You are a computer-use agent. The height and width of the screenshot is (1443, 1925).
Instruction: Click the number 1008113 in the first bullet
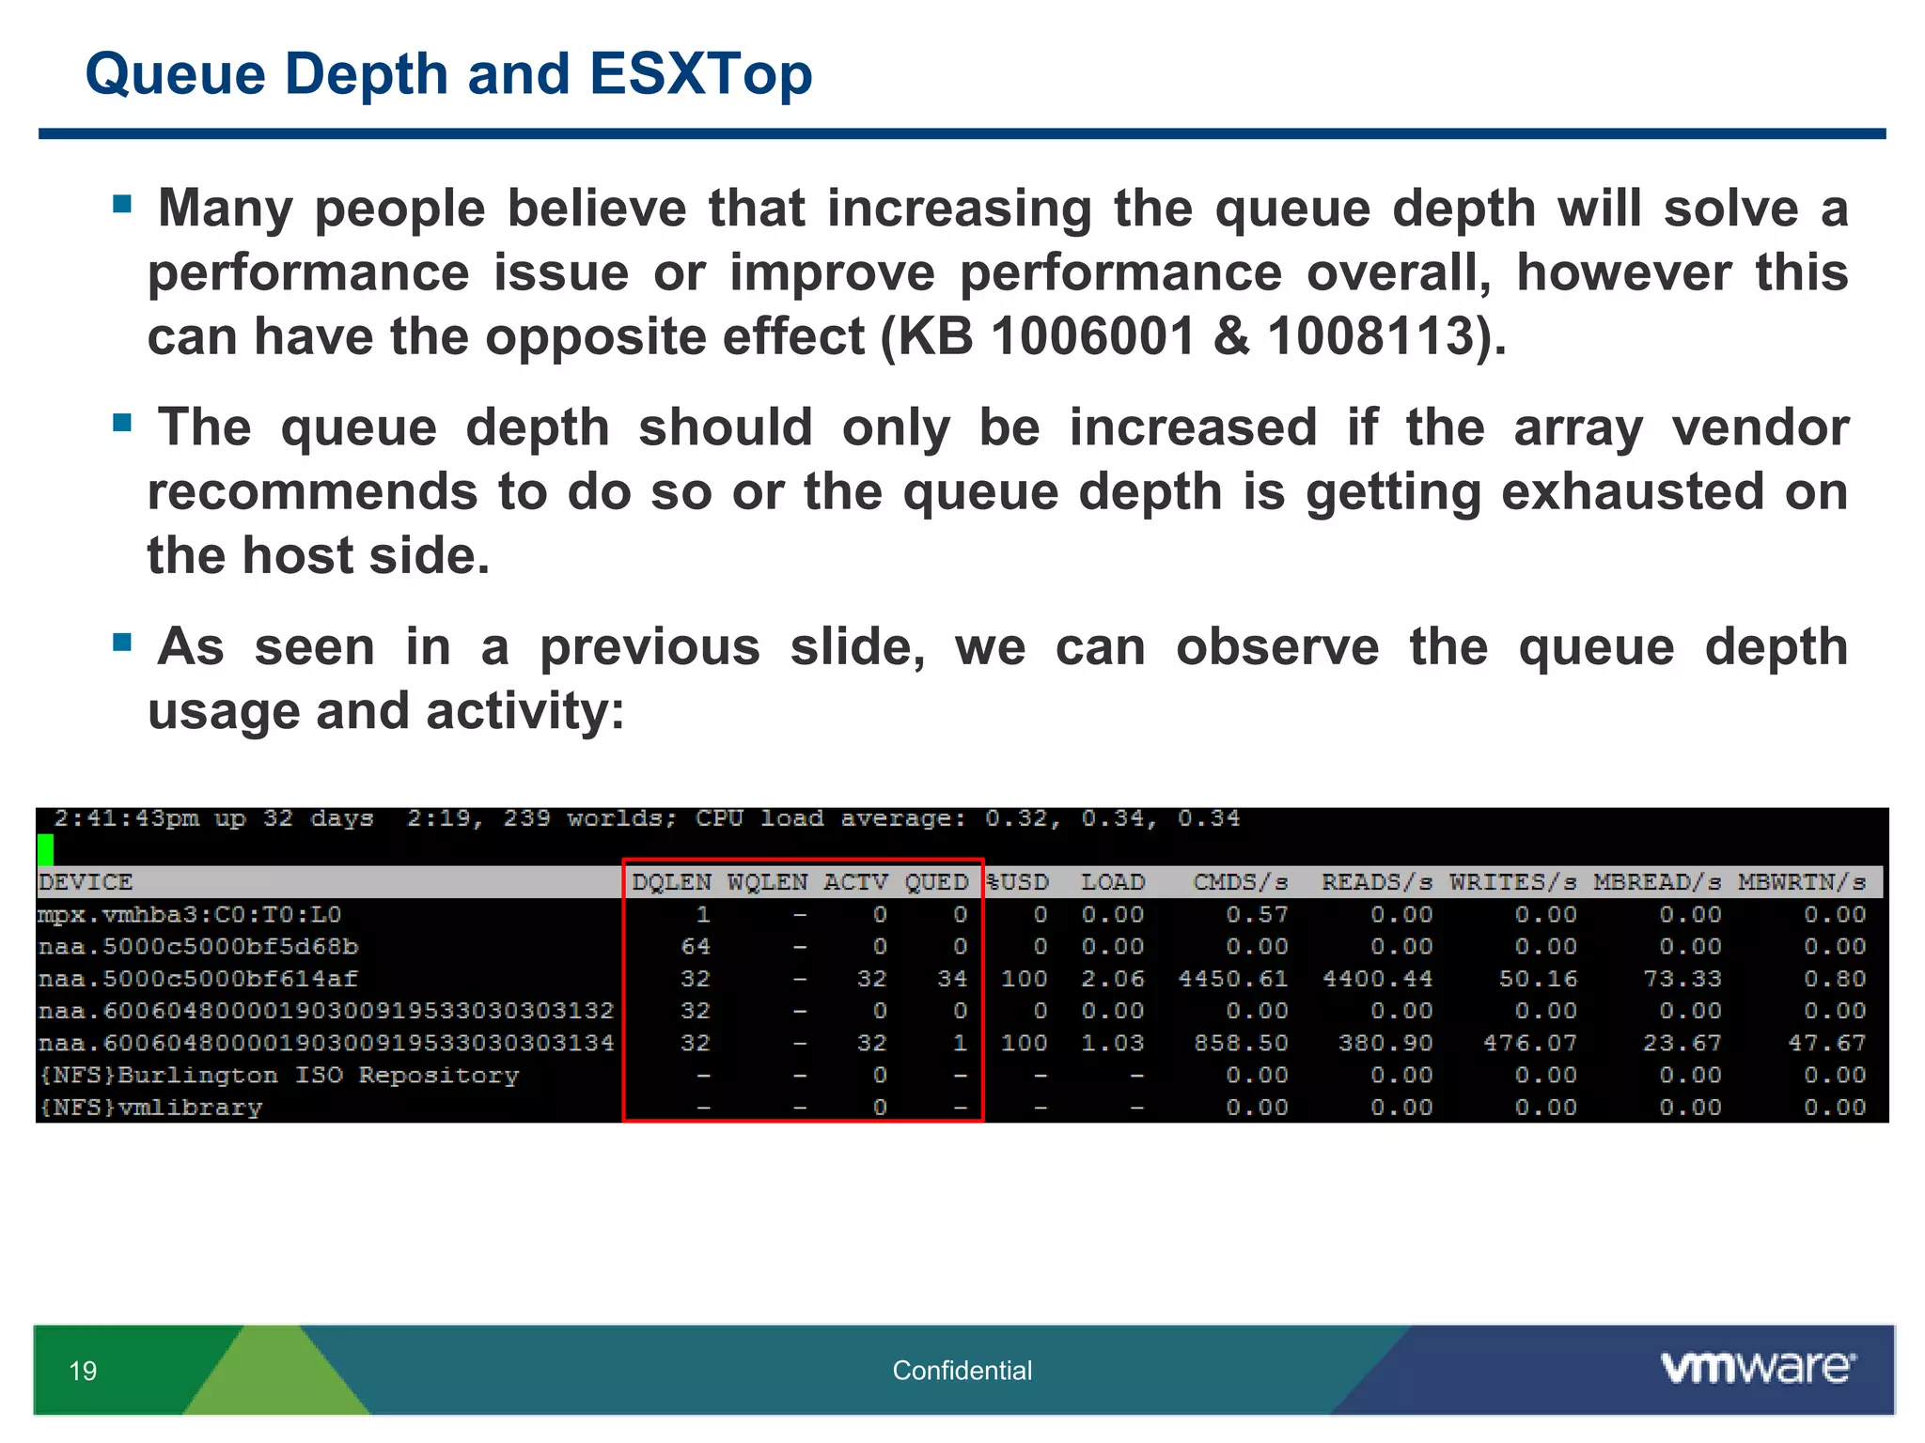1369,335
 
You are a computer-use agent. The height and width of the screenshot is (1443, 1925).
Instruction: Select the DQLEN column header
671,882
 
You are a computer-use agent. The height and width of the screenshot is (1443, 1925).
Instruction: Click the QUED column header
936,882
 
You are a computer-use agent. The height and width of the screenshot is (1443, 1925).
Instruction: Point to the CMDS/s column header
1240,882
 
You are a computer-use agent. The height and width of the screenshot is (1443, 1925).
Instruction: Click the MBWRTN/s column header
1801,882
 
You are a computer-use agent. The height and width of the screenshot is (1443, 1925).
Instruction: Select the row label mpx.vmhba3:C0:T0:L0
190,914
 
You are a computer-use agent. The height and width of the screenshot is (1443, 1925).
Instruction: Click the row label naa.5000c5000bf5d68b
198,946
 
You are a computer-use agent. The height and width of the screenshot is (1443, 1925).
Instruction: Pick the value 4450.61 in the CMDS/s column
1232,979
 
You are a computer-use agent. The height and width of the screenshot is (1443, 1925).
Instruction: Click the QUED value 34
952,979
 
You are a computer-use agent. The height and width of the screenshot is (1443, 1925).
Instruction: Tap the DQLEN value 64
696,946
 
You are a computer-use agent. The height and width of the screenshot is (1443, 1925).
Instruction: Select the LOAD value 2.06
1112,979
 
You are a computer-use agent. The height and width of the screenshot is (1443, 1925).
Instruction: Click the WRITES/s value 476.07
1529,1043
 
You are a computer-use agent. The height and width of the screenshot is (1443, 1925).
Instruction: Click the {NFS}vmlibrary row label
150,1108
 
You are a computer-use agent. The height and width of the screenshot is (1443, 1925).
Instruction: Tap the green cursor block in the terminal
45,849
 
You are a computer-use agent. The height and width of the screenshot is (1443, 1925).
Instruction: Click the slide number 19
83,1371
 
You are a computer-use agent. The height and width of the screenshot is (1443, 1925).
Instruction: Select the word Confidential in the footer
962,1371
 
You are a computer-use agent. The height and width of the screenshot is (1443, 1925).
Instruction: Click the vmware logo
1758,1367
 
